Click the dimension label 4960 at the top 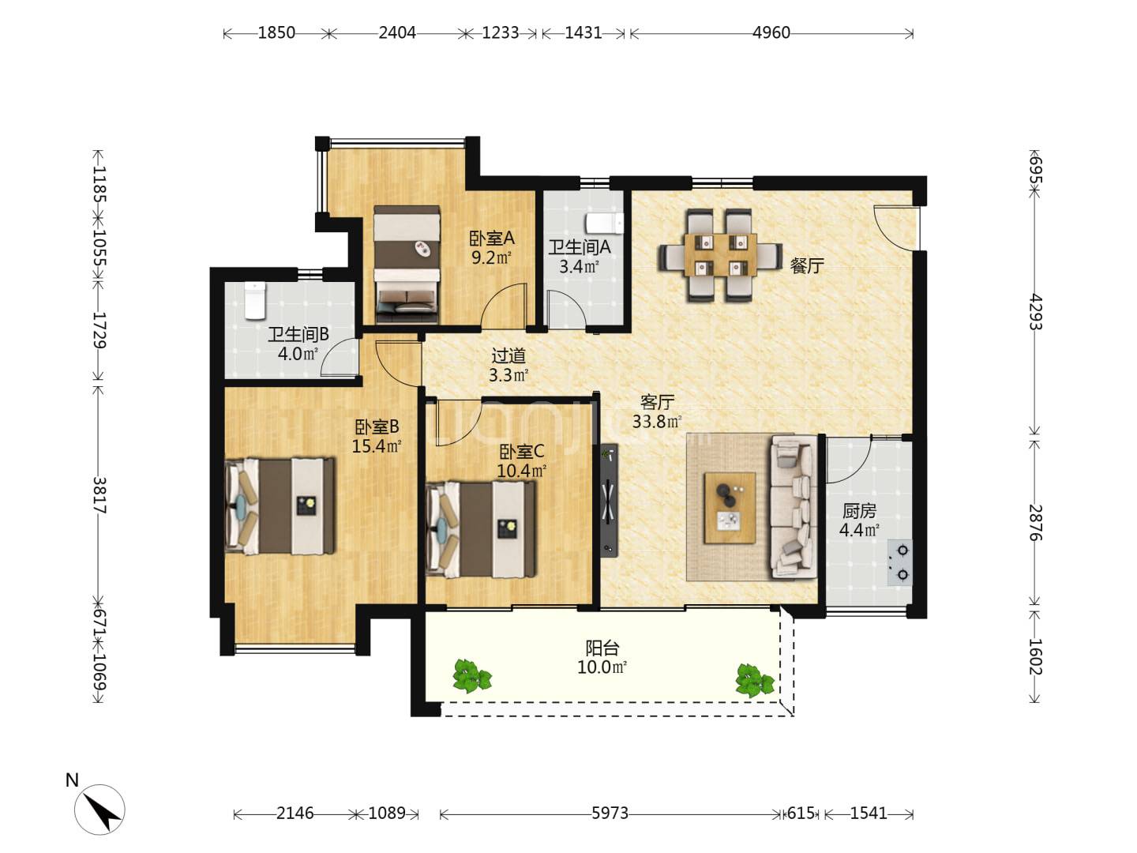pyautogui.click(x=771, y=33)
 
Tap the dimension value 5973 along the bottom pyautogui.click(x=610, y=814)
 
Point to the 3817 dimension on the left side pyautogui.click(x=99, y=495)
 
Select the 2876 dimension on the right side pyautogui.click(x=1035, y=522)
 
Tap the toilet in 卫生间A pyautogui.click(x=605, y=223)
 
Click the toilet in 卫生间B pyautogui.click(x=254, y=300)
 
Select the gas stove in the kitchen pyautogui.click(x=900, y=562)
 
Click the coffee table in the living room pyautogui.click(x=730, y=508)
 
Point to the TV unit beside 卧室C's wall pyautogui.click(x=609, y=500)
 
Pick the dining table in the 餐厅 pyautogui.click(x=721, y=255)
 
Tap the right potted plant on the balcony pyautogui.click(x=754, y=680)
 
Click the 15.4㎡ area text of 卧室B pyautogui.click(x=377, y=445)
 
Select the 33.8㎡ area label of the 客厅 pyautogui.click(x=657, y=422)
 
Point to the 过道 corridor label pyautogui.click(x=508, y=355)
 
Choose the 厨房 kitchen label pyautogui.click(x=859, y=511)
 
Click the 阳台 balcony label pyautogui.click(x=602, y=648)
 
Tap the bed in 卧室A pyautogui.click(x=407, y=265)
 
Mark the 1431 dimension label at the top pyautogui.click(x=584, y=33)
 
